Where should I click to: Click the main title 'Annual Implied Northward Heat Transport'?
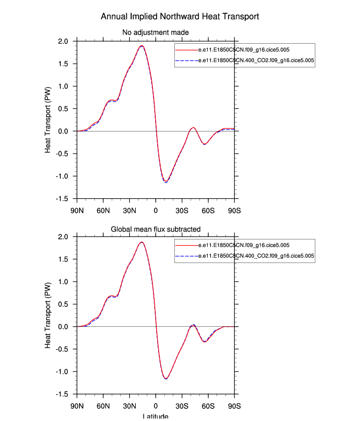180,17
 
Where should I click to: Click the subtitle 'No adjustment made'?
156,33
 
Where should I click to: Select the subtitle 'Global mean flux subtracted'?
156,229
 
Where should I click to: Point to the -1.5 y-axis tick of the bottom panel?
64,394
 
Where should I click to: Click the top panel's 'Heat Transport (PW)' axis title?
48,121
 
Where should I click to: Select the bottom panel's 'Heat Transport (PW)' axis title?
48,316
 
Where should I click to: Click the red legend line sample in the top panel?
187,51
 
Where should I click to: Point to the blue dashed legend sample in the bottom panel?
187,256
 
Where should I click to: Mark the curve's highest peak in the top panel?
141,46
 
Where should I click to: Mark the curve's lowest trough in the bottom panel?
166,378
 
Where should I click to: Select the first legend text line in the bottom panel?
243,245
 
